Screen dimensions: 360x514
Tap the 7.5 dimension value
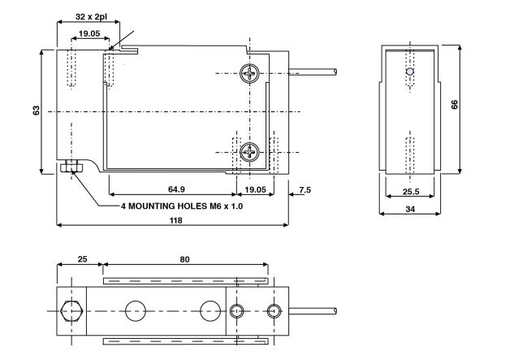[305, 189]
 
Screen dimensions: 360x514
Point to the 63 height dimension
[37, 110]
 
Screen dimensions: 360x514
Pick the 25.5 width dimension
[409, 192]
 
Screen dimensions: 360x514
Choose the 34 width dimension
[410, 209]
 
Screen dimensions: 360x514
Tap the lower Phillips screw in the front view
[251, 152]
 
